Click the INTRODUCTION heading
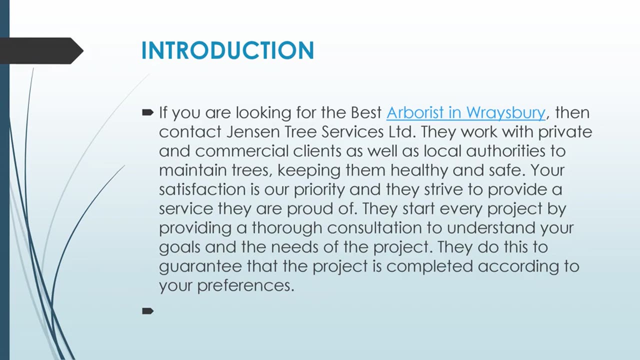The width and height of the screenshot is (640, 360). pos(227,50)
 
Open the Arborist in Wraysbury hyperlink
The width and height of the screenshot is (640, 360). pos(465,112)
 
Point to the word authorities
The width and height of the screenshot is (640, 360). pos(515,151)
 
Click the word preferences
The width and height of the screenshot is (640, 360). pos(245,285)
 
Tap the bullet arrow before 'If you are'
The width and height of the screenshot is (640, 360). pos(147,112)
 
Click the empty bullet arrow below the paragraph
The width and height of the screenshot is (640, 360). pos(147,311)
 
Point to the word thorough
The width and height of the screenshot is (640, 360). pos(286,228)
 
